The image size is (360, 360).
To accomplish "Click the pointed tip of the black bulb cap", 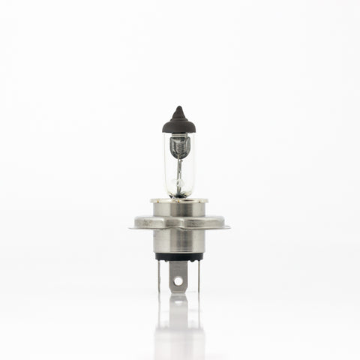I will click(178, 109).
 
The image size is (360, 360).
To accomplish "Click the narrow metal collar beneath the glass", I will click(178, 201).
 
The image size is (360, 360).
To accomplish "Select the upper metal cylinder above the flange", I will click(178, 210).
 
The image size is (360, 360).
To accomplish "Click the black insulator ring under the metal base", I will click(178, 256).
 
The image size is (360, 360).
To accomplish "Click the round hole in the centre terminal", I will click(178, 282).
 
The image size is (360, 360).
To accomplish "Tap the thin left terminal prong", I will click(159, 276).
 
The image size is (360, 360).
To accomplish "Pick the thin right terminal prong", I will click(199, 276).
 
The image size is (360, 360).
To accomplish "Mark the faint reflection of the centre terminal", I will click(178, 315).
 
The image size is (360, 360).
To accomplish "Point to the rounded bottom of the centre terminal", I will click(178, 290).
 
